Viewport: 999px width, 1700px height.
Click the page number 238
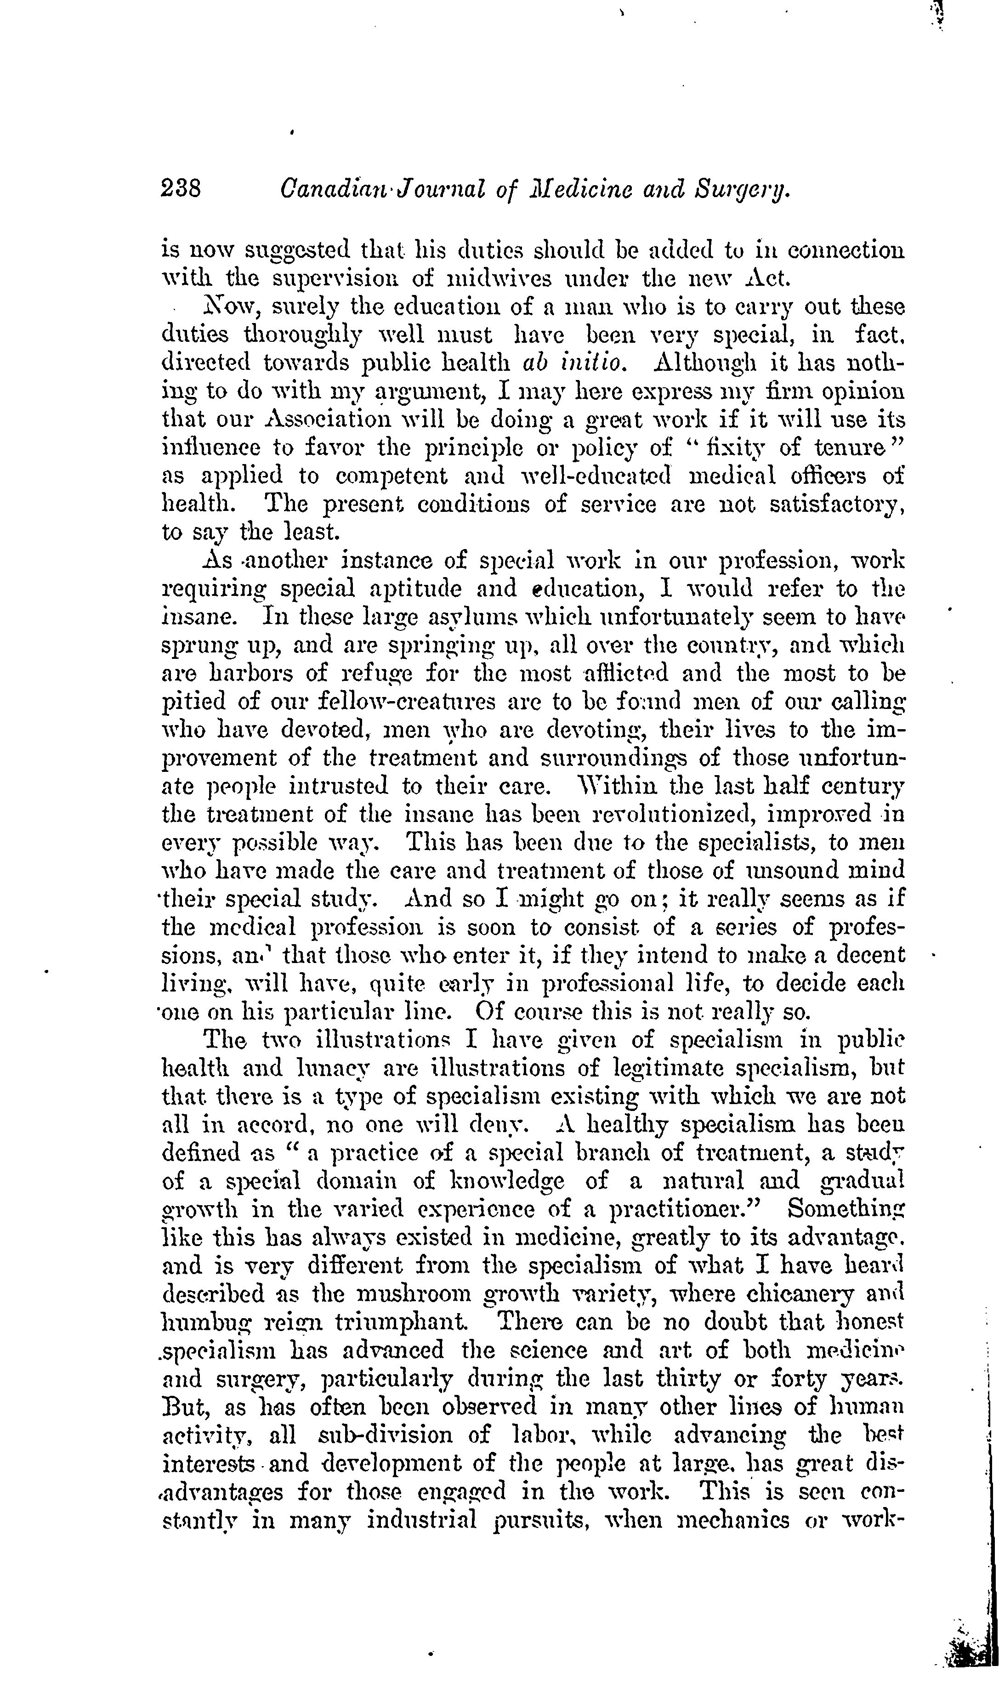pos(182,187)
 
